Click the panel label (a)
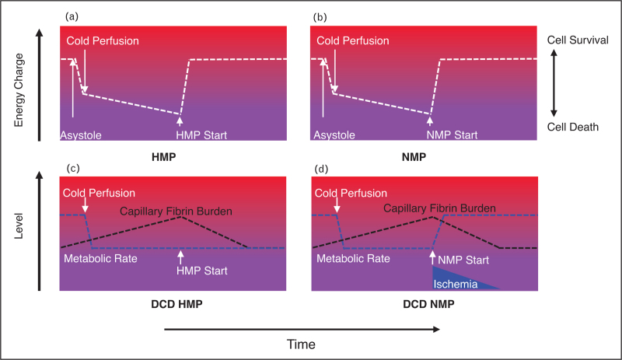[x=68, y=16]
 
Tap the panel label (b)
[x=320, y=16]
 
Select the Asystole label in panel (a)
[x=81, y=135]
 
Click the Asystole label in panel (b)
[x=333, y=135]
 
